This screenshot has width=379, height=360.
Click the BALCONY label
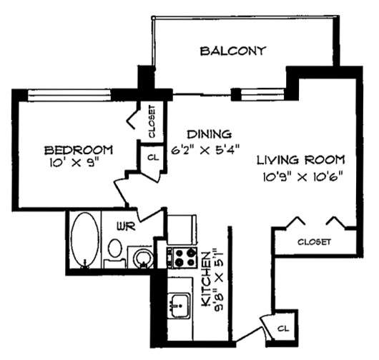point(233,51)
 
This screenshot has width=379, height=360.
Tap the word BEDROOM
point(79,150)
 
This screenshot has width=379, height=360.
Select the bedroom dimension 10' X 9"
point(74,163)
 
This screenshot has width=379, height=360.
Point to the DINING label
point(210,134)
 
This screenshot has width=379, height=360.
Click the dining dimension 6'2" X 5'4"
point(205,150)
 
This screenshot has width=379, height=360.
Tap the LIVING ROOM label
point(300,160)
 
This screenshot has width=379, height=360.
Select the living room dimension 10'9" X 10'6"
point(303,177)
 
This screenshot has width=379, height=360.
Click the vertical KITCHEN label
point(206,279)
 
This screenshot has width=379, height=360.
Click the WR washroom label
point(126,226)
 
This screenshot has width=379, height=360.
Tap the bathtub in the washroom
point(85,240)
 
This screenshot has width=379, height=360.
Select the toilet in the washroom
point(115,253)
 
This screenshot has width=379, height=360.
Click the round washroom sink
point(143,258)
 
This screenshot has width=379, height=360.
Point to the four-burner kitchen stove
point(182,258)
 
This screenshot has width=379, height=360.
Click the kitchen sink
point(179,305)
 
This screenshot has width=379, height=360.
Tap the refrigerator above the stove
point(182,229)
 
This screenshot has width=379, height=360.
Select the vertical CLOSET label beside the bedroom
point(152,121)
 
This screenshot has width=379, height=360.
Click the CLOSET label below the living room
point(314,242)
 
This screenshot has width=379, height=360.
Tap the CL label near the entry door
point(283,329)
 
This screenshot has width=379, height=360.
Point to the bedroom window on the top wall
point(69,95)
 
